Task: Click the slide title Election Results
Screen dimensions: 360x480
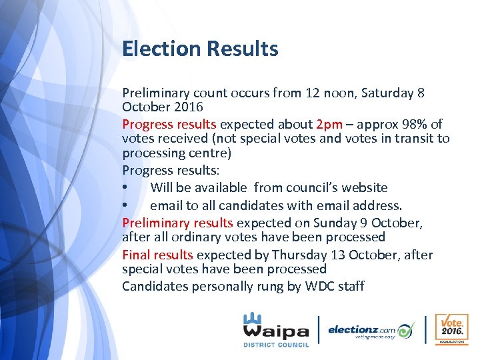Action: tap(200, 49)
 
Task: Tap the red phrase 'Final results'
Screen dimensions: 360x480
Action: tap(157, 255)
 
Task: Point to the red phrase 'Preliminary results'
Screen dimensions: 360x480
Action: tap(177, 223)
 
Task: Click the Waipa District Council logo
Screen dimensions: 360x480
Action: tap(275, 329)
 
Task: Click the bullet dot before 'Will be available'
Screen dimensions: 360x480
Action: tap(126, 188)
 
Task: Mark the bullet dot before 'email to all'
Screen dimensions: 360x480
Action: tap(126, 205)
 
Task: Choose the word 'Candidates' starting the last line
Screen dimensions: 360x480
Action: tap(155, 287)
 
